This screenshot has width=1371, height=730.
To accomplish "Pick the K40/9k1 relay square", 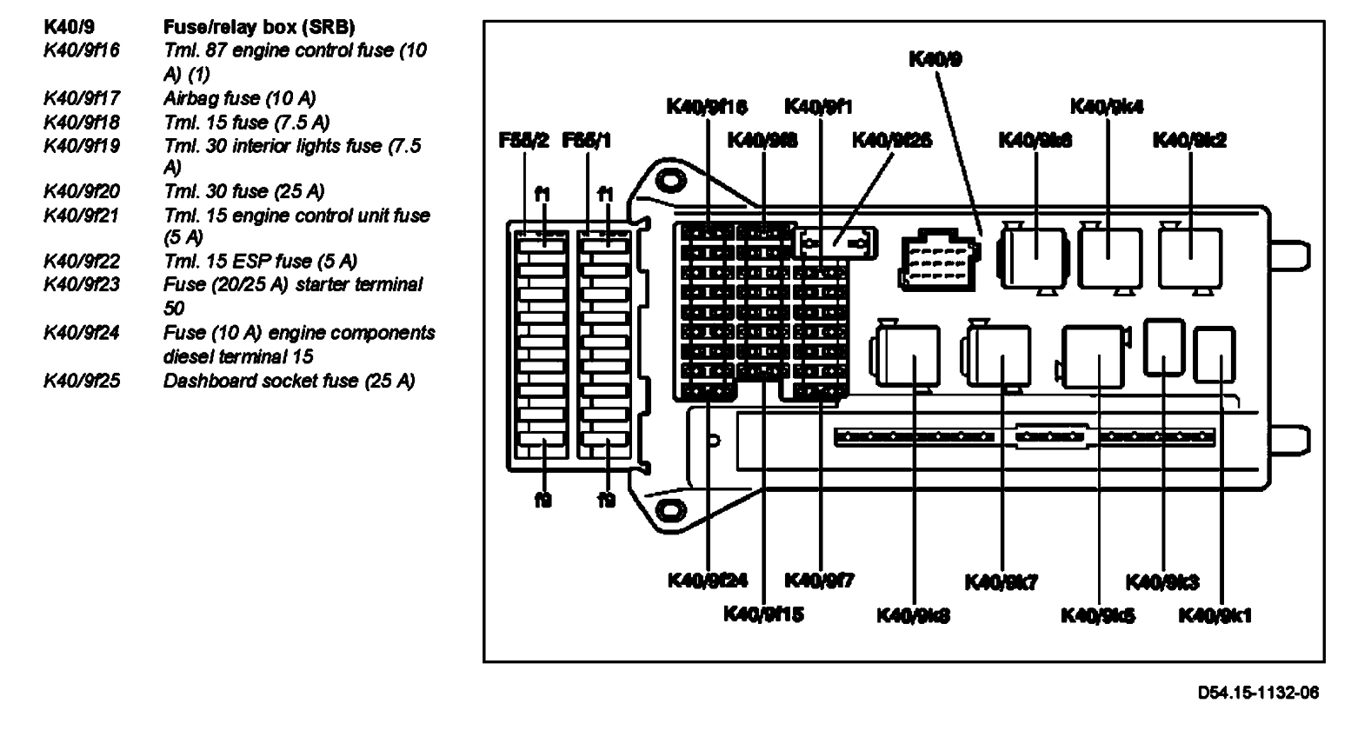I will [1215, 355].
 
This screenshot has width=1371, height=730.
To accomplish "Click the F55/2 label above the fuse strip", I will [523, 140].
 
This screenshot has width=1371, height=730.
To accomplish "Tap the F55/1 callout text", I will [588, 140].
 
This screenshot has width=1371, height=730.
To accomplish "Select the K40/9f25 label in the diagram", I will [892, 140].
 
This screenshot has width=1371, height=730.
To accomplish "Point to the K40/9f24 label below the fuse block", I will [708, 581].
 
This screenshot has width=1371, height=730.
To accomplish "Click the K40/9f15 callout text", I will [763, 614].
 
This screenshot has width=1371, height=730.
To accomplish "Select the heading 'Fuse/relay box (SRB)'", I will [259, 28].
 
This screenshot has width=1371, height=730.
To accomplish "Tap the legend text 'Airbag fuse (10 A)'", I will [240, 98].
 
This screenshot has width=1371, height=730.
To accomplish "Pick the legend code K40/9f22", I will [82, 261].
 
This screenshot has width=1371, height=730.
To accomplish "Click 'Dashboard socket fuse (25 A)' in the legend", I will [289, 381].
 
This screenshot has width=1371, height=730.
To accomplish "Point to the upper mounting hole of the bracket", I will [669, 181].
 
